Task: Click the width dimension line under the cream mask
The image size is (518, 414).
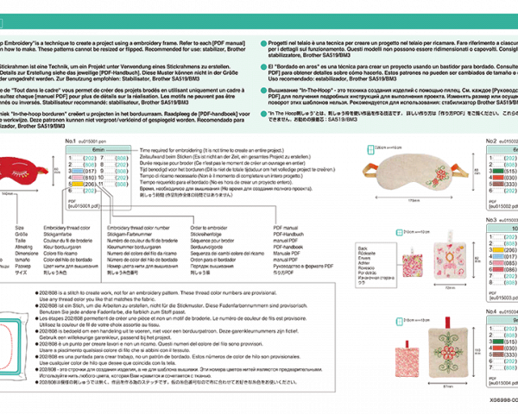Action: (x=412, y=197)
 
